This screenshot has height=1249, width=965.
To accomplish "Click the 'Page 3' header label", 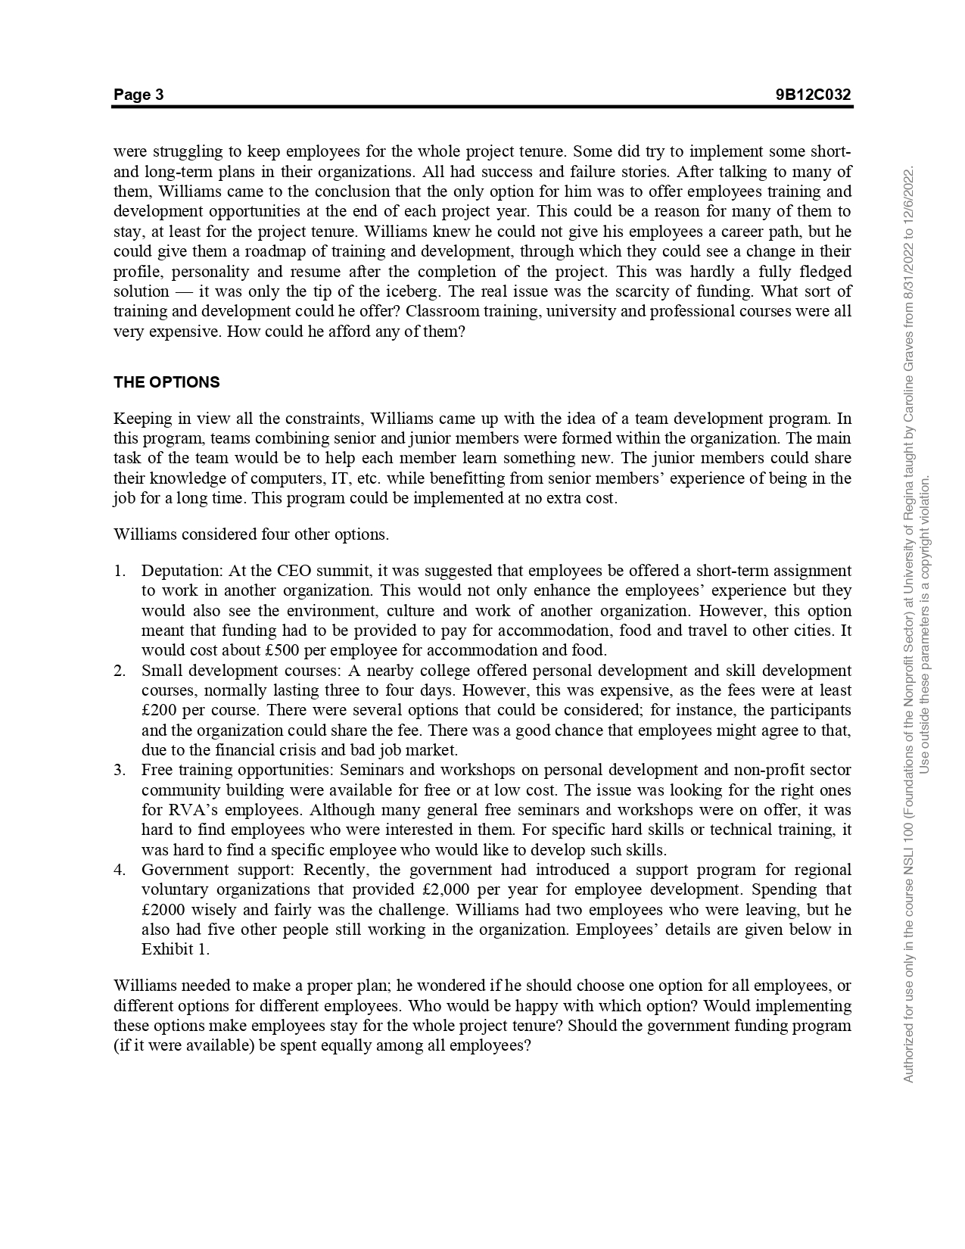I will click(139, 95).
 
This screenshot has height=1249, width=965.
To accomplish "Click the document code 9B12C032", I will click(813, 95).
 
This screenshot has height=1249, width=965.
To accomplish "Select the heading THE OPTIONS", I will click(167, 382).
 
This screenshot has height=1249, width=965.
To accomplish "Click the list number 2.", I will click(120, 671).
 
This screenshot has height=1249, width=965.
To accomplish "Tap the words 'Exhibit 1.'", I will click(176, 949).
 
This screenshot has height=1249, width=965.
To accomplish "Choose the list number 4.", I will click(120, 870).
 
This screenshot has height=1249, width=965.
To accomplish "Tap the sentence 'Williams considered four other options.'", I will click(251, 534).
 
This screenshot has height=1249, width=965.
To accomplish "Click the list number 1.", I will click(120, 571).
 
